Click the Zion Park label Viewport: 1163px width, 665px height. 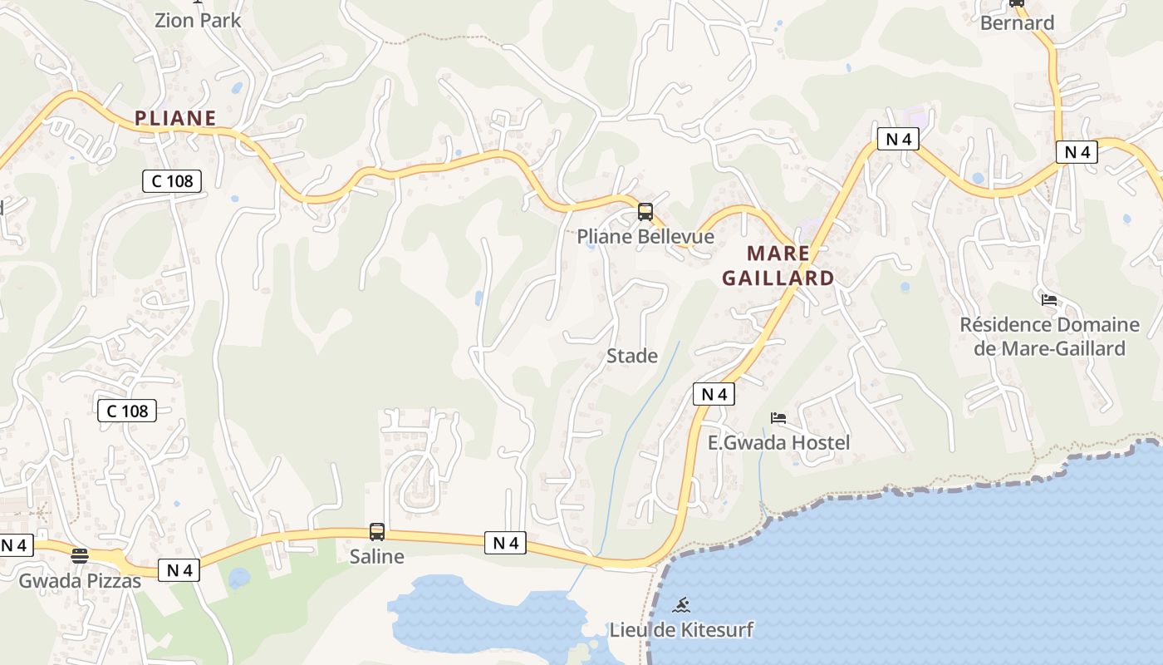pyautogui.click(x=198, y=21)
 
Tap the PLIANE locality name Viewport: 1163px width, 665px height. pyautogui.click(x=175, y=118)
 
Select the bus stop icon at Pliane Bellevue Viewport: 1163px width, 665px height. pyautogui.click(x=645, y=212)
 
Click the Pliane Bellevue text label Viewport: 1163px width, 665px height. pyautogui.click(x=645, y=237)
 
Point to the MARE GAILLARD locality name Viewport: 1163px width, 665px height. pyautogui.click(x=778, y=265)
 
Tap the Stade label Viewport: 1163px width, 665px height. pyautogui.click(x=632, y=356)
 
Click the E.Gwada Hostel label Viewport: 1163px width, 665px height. pyautogui.click(x=778, y=442)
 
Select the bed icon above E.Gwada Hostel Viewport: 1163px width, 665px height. pyautogui.click(x=778, y=418)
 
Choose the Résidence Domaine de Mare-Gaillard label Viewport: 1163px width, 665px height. pyautogui.click(x=1049, y=336)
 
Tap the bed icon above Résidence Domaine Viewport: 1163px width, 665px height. pyautogui.click(x=1049, y=300)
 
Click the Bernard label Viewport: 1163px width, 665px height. pyautogui.click(x=1017, y=22)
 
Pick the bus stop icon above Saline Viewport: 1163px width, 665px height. pyautogui.click(x=377, y=532)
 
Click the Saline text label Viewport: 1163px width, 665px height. pyautogui.click(x=377, y=556)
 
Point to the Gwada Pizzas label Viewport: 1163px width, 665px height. pyautogui.click(x=80, y=580)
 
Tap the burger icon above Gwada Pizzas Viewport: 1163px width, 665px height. pyautogui.click(x=80, y=555)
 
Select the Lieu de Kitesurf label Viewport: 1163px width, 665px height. pyautogui.click(x=681, y=629)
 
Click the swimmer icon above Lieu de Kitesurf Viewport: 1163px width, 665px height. pyautogui.click(x=681, y=605)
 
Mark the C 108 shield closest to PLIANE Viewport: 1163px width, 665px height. pyautogui.click(x=172, y=180)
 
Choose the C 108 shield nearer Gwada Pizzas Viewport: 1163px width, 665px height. pyautogui.click(x=127, y=410)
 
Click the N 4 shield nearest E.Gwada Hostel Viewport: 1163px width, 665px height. pyautogui.click(x=714, y=394)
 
